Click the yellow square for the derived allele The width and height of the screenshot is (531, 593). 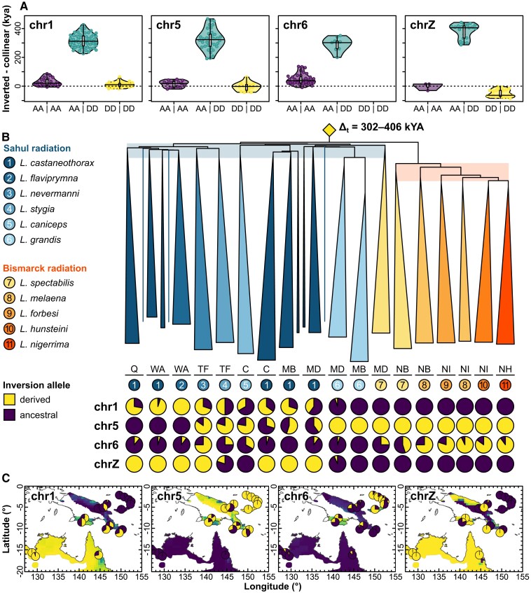(11, 398)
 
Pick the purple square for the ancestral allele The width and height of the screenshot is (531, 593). (11, 412)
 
